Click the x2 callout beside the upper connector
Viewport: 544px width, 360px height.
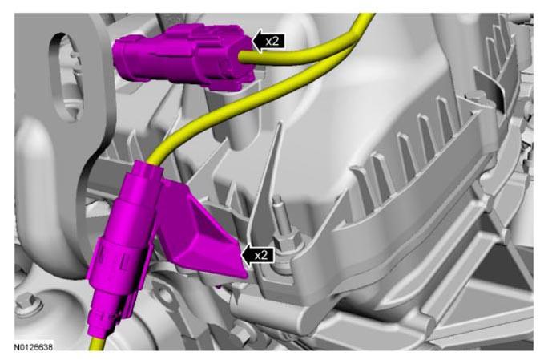(x=268, y=41)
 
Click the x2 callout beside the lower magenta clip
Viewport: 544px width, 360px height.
(x=258, y=256)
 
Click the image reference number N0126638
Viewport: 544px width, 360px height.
(x=34, y=347)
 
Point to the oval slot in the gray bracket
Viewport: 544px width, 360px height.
(x=66, y=77)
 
